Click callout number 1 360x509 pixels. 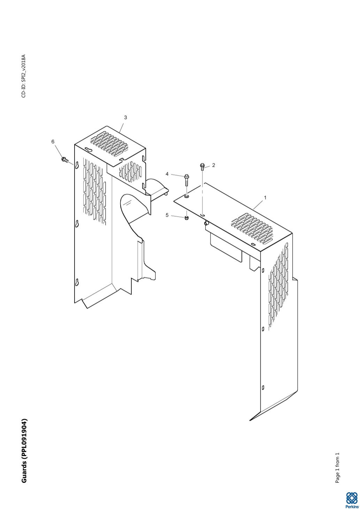click(x=265, y=198)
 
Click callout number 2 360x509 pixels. click(x=213, y=165)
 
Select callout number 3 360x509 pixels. click(x=125, y=117)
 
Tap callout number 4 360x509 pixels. click(x=167, y=174)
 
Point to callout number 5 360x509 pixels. click(x=167, y=215)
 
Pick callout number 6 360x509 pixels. click(x=53, y=141)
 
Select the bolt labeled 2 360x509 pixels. click(x=202, y=167)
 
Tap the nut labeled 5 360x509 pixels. click(x=186, y=218)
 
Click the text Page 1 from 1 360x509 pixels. click(x=337, y=468)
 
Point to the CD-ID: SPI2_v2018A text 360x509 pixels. click(x=24, y=76)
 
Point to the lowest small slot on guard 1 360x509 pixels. click(x=263, y=387)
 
